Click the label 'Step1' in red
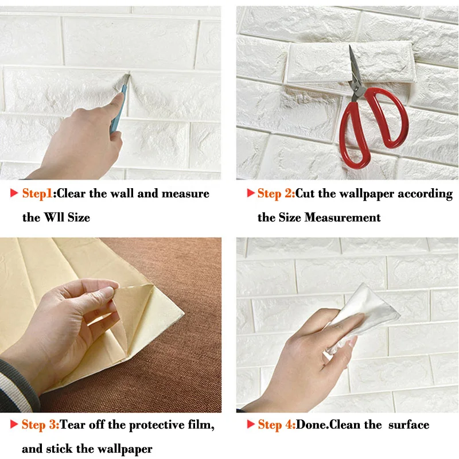pos(37,193)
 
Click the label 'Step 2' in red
pos(276,193)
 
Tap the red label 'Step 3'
pos(40,425)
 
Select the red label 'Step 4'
pos(277,425)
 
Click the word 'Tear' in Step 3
pos(73,425)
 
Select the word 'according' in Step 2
pos(426,193)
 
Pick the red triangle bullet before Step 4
pos(250,425)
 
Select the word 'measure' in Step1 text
pos(185,193)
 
